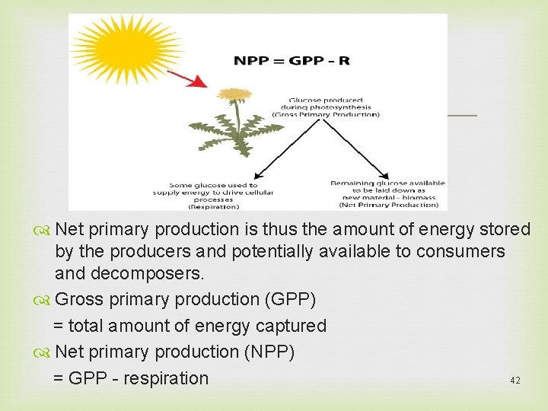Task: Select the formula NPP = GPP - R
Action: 292,60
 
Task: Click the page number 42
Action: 515,380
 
